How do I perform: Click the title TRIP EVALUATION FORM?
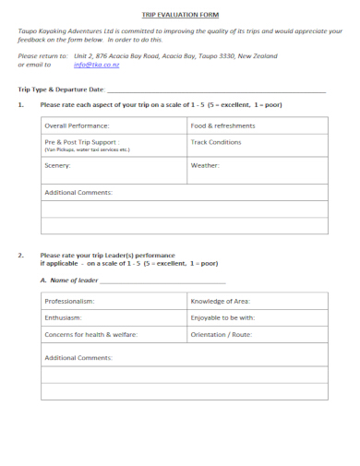pyautogui.click(x=180, y=16)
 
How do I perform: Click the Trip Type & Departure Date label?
pyautogui.click(x=61, y=90)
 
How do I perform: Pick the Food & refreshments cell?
pyautogui.click(x=222, y=125)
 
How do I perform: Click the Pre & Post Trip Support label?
pyautogui.click(x=81, y=142)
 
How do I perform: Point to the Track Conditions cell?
pyautogui.click(x=216, y=142)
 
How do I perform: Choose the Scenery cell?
pyautogui.click(x=57, y=165)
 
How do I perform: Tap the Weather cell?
pyautogui.click(x=205, y=165)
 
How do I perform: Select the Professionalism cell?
pyautogui.click(x=69, y=301)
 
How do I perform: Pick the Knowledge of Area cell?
pyautogui.click(x=220, y=301)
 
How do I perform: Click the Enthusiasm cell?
pyautogui.click(x=64, y=317)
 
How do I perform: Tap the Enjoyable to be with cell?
pyautogui.click(x=222, y=317)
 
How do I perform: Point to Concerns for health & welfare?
pyautogui.click(x=90, y=334)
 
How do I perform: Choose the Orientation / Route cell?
pyautogui.click(x=221, y=334)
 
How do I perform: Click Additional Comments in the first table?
pyautogui.click(x=78, y=192)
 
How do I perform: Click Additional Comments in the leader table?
pyautogui.click(x=78, y=357)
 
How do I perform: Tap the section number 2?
pyautogui.click(x=21, y=254)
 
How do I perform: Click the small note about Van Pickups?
pyautogui.click(x=88, y=149)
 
